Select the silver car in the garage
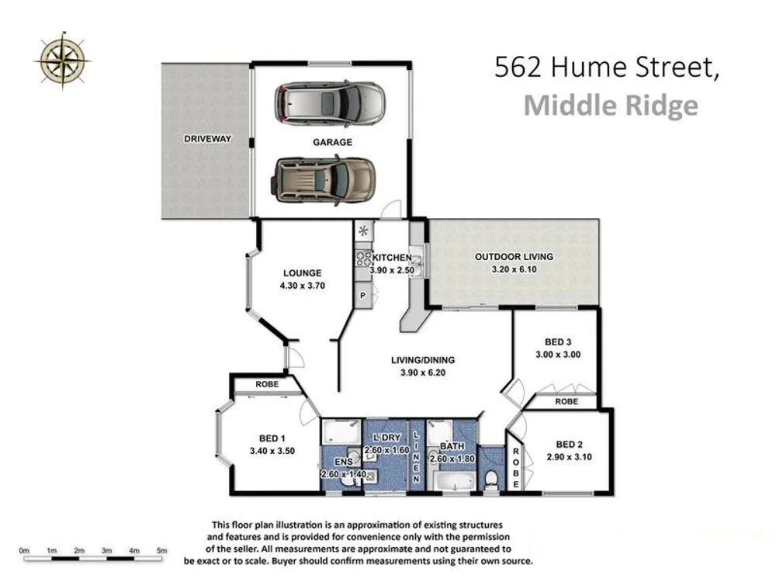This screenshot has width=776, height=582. [330, 103]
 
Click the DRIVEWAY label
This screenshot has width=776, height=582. [208, 139]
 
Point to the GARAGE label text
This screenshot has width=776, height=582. [332, 142]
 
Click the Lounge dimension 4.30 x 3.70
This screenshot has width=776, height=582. [302, 285]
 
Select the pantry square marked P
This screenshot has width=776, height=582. [362, 295]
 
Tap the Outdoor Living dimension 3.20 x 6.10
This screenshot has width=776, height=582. [514, 269]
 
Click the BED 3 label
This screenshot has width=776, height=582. [558, 341]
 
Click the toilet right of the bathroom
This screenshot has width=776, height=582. [490, 481]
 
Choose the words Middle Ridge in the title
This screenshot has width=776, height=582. [610, 105]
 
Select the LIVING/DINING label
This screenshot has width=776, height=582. [422, 360]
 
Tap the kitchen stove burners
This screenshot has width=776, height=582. [362, 257]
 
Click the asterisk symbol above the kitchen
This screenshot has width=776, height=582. [362, 230]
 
